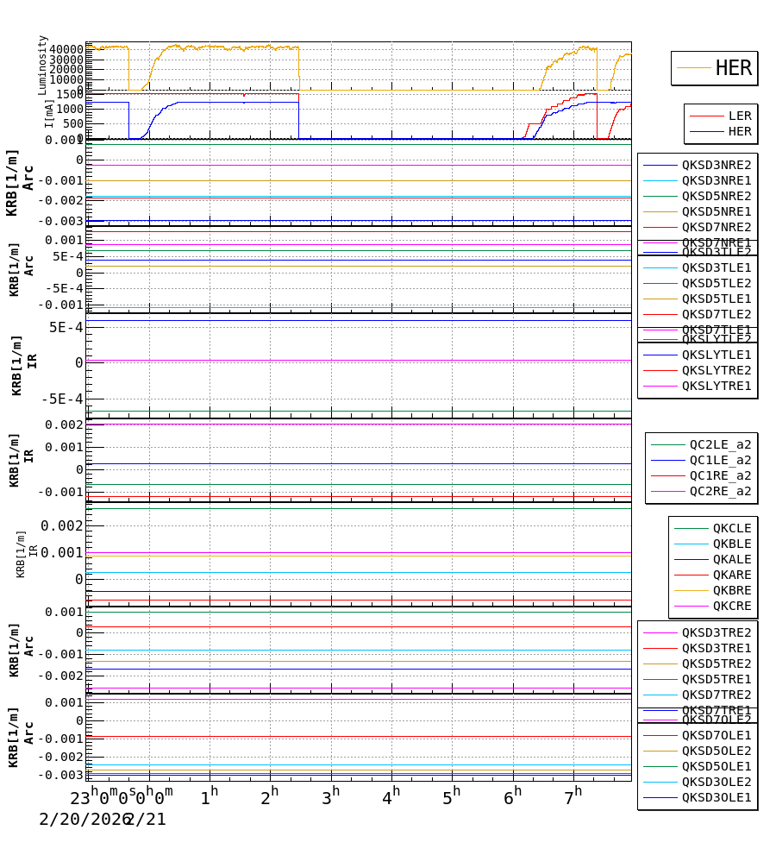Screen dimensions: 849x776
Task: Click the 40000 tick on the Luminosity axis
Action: [x=66, y=49]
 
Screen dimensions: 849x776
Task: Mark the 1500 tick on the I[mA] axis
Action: [x=70, y=94]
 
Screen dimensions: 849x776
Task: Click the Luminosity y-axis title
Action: [x=43, y=65]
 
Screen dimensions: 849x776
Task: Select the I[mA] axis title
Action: [x=49, y=113]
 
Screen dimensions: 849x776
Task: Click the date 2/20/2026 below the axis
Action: [x=81, y=820]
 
